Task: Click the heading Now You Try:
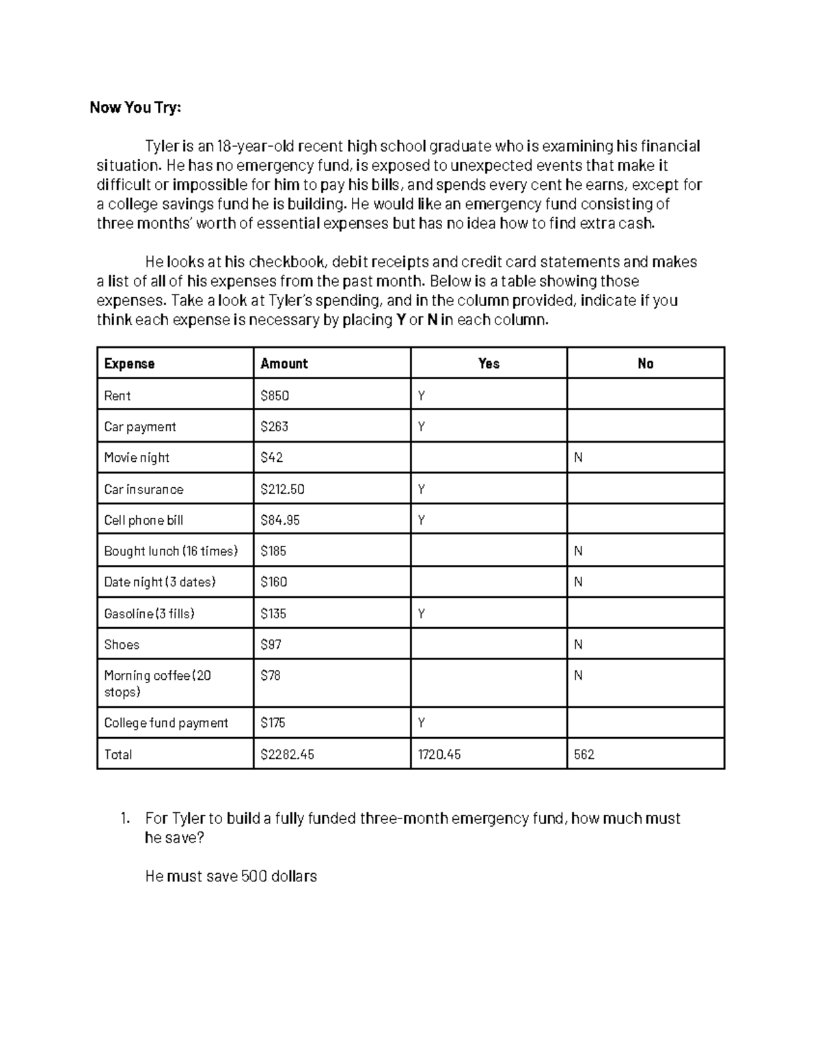click(x=135, y=107)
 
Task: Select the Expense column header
click(x=129, y=363)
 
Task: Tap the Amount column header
click(x=284, y=363)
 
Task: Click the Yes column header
click(x=489, y=363)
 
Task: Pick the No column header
click(x=645, y=363)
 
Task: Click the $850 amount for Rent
click(x=275, y=396)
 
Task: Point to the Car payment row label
click(x=139, y=427)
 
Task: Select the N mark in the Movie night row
click(x=578, y=458)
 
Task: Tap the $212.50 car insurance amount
click(x=282, y=489)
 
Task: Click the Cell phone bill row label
click(x=143, y=520)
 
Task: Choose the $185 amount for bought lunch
click(x=273, y=551)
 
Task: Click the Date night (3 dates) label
click(x=159, y=582)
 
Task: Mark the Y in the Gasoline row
click(x=422, y=614)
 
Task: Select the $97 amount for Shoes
click(x=271, y=644)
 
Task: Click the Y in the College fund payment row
click(x=422, y=723)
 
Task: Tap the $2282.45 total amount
click(x=287, y=754)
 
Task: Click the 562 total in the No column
click(x=584, y=754)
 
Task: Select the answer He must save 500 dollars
click(x=231, y=876)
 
